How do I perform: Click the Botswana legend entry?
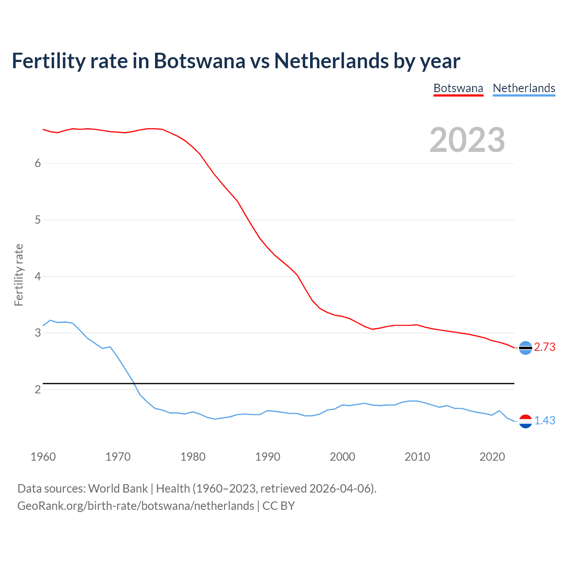[x=458, y=88]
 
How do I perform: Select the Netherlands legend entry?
[x=524, y=88]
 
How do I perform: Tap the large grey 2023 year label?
[x=467, y=140]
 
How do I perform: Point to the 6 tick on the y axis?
[x=38, y=163]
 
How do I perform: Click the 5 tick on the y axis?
[x=38, y=220]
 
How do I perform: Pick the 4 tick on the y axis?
[x=38, y=276]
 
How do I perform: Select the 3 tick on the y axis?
[x=38, y=333]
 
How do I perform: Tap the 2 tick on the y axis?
[x=38, y=389]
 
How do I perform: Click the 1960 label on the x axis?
[x=43, y=457]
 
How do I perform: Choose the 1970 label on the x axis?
[x=118, y=457]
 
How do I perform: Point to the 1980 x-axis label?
[x=193, y=457]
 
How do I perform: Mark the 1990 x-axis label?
[x=268, y=457]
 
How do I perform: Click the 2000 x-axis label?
[x=342, y=457]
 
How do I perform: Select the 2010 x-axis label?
[x=417, y=457]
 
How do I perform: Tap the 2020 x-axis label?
[x=492, y=457]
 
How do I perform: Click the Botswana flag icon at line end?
[x=525, y=348]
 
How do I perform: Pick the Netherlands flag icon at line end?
[x=525, y=421]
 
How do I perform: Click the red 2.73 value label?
[x=544, y=347]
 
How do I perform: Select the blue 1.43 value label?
[x=544, y=421]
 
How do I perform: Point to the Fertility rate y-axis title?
[x=19, y=275]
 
